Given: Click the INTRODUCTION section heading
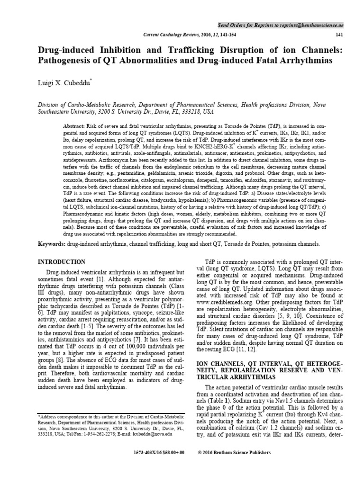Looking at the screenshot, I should coord(61,262).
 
